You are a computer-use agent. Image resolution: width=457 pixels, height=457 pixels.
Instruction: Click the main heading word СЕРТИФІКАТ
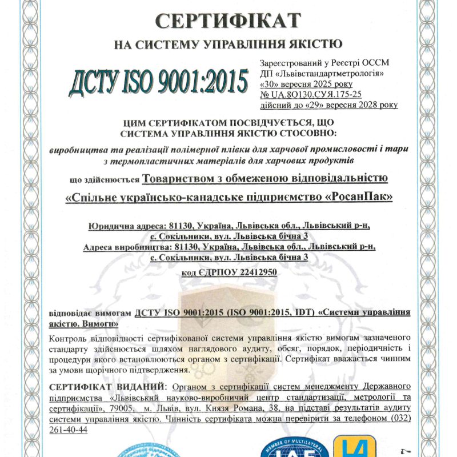pos(228,21)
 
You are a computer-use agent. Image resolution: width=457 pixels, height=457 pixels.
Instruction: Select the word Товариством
pos(177,179)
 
